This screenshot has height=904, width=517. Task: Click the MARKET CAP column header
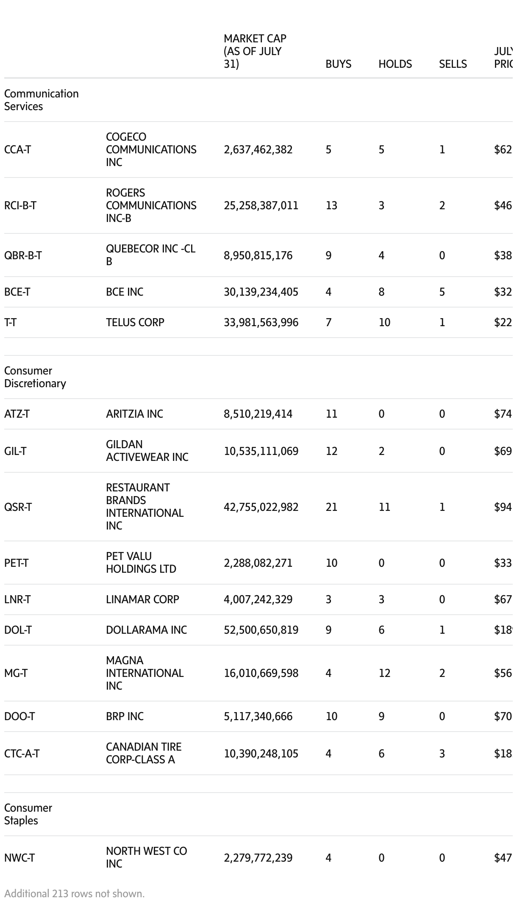[x=255, y=51]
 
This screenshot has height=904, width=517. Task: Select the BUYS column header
[x=338, y=64]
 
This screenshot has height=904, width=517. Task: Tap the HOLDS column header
[x=395, y=64]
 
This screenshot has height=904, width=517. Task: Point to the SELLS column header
[x=453, y=64]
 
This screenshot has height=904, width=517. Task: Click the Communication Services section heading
[x=41, y=100]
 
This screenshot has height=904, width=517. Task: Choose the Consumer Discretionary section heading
[x=35, y=377]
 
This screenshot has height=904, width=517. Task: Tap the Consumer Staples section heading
[x=28, y=814]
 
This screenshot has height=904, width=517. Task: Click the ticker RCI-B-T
[x=20, y=205]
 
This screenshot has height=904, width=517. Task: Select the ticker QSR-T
[x=18, y=507]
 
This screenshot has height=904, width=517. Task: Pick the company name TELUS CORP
[x=135, y=322]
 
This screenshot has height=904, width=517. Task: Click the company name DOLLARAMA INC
[x=146, y=630]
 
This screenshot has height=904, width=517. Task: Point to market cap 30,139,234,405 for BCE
[x=261, y=292]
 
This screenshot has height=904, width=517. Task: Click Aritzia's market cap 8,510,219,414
[x=258, y=414]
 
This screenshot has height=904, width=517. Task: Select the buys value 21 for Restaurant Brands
[x=331, y=507]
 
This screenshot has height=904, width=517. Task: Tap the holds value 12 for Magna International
[x=384, y=673]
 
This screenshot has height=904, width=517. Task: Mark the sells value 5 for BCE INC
[x=442, y=292]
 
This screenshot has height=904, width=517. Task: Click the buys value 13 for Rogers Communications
[x=331, y=205]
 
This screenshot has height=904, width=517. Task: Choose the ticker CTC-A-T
[x=22, y=754]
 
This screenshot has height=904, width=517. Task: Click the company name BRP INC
[x=125, y=716]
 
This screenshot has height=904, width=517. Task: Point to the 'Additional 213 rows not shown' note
[x=75, y=893]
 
